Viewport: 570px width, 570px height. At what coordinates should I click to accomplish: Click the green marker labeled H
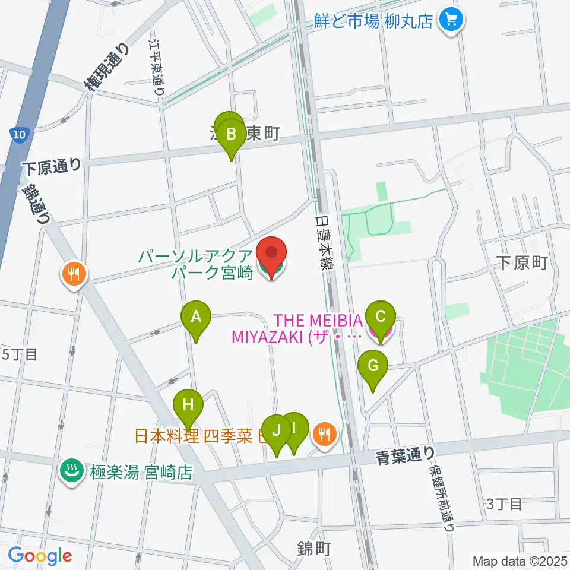[x=188, y=406]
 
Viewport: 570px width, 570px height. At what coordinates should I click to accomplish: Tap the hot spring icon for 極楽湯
[x=72, y=472]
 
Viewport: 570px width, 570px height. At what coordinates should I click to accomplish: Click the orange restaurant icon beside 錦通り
[x=74, y=274]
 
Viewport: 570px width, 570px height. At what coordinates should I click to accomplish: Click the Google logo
[x=39, y=556]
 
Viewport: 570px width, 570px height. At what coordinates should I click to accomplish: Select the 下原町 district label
[x=522, y=263]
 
